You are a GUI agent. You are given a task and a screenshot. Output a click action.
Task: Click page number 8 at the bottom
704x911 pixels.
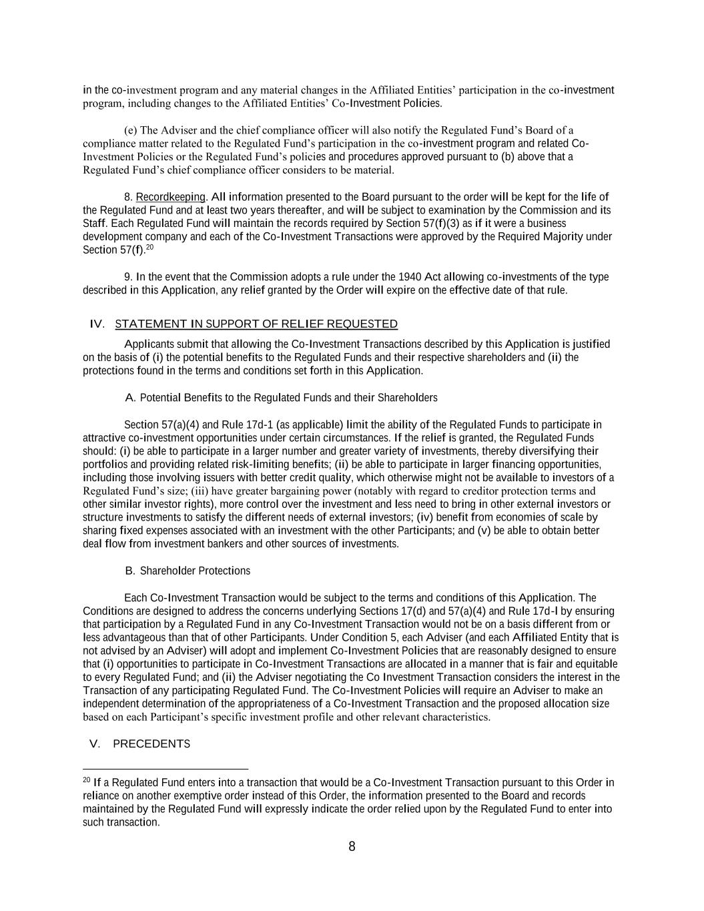[352, 847]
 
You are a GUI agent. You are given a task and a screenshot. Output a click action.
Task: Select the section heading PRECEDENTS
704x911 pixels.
[151, 744]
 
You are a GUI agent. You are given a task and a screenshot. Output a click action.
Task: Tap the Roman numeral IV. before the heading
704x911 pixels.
[97, 324]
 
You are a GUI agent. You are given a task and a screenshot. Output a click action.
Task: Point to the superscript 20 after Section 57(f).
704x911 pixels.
[150, 248]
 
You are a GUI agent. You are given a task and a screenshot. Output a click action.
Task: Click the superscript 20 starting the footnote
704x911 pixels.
[86, 780]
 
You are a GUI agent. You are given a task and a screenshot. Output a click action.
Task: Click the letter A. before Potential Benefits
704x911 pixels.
[130, 398]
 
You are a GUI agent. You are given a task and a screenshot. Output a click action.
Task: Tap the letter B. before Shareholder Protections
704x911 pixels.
[130, 571]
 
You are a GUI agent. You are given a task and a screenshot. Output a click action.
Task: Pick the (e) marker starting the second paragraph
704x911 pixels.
[131, 130]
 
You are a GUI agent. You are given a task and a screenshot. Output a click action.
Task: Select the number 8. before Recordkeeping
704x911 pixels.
[128, 197]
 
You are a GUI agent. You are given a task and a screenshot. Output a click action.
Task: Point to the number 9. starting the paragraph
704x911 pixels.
[128, 277]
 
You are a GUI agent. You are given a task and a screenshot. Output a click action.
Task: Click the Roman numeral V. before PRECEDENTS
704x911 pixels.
[95, 744]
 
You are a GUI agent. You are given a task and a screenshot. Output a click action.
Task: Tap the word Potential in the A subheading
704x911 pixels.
[161, 398]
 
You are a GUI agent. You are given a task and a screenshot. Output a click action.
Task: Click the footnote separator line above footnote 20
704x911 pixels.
[165, 769]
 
